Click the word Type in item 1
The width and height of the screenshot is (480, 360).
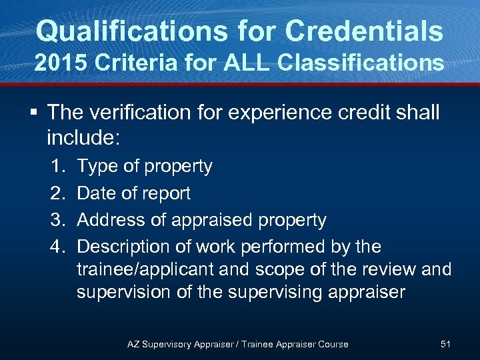pyautogui.click(x=96, y=167)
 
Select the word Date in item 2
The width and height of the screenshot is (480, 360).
pyautogui.click(x=97, y=193)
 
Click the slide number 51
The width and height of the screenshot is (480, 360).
pyautogui.click(x=446, y=344)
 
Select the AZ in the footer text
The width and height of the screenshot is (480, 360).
pyautogui.click(x=133, y=344)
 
